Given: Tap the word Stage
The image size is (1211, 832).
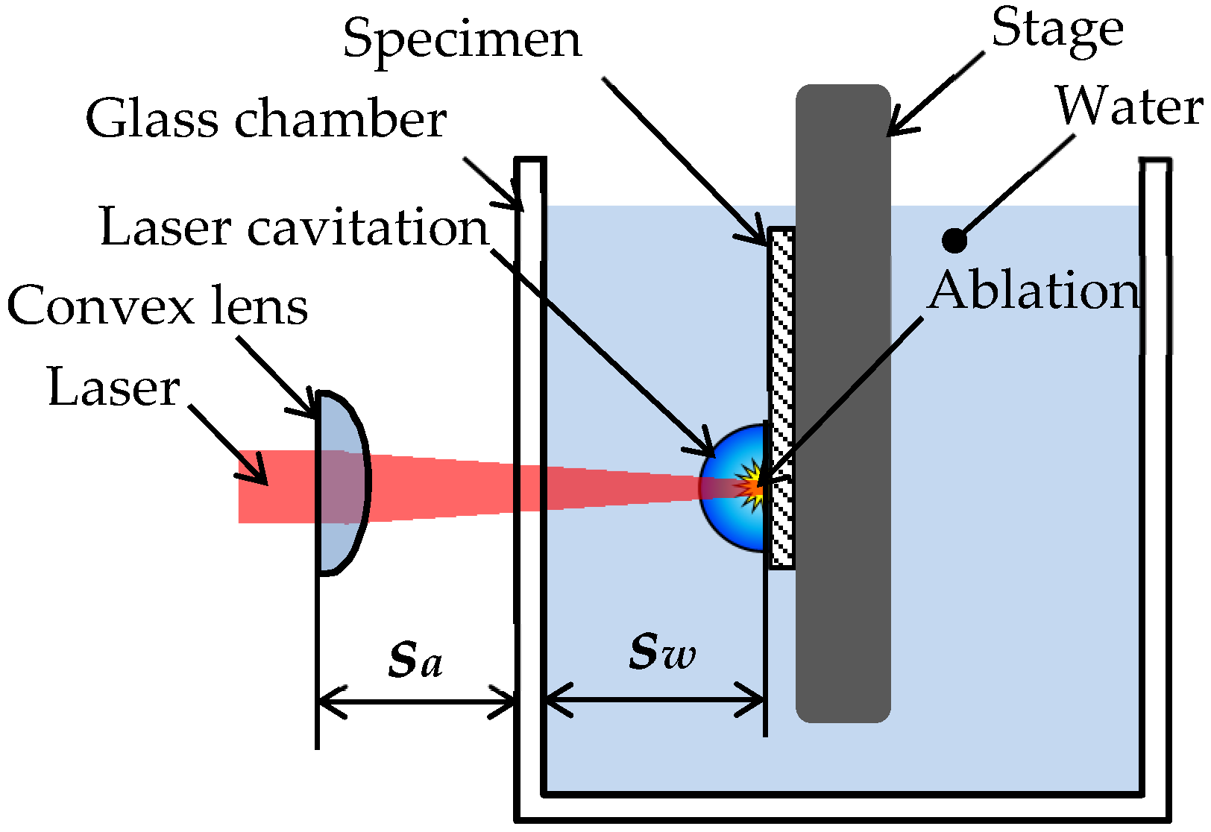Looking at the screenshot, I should [1057, 30].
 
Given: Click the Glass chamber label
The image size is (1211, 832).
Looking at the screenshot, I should [265, 120].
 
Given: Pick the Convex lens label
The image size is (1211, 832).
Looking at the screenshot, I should [157, 306].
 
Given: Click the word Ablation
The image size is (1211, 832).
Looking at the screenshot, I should [1035, 291].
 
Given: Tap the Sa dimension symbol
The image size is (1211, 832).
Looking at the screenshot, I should [415, 660].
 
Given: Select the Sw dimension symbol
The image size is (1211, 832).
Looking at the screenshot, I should [661, 652].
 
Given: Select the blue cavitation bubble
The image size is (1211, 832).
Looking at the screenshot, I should [727, 514].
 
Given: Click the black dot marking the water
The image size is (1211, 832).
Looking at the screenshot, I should [954, 241].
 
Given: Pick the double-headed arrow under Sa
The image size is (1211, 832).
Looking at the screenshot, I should [417, 702].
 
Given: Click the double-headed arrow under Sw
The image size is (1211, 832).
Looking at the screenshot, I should [654, 702].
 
